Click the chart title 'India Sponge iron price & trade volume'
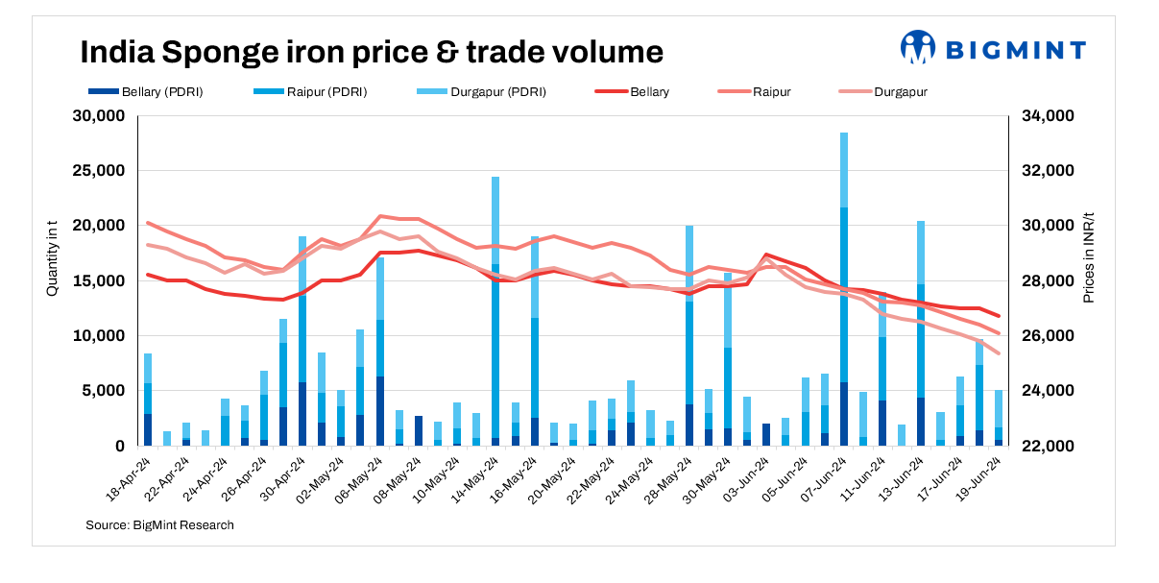pyautogui.click(x=371, y=52)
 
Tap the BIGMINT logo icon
pyautogui.click(x=917, y=47)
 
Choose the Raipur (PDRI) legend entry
pyautogui.click(x=311, y=92)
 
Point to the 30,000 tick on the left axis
pyautogui.click(x=99, y=116)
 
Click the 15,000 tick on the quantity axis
pyautogui.click(x=99, y=281)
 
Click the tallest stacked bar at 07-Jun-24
pyautogui.click(x=844, y=288)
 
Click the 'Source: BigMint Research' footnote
pyautogui.click(x=159, y=525)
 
